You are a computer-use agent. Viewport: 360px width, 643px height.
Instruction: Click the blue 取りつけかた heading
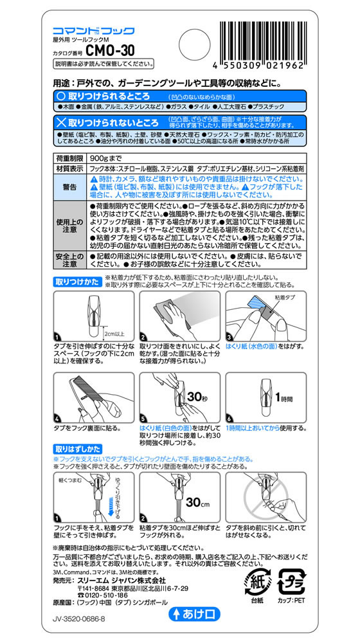(x=76, y=280)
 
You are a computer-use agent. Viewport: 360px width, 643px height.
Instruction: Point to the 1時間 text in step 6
(x=285, y=397)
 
